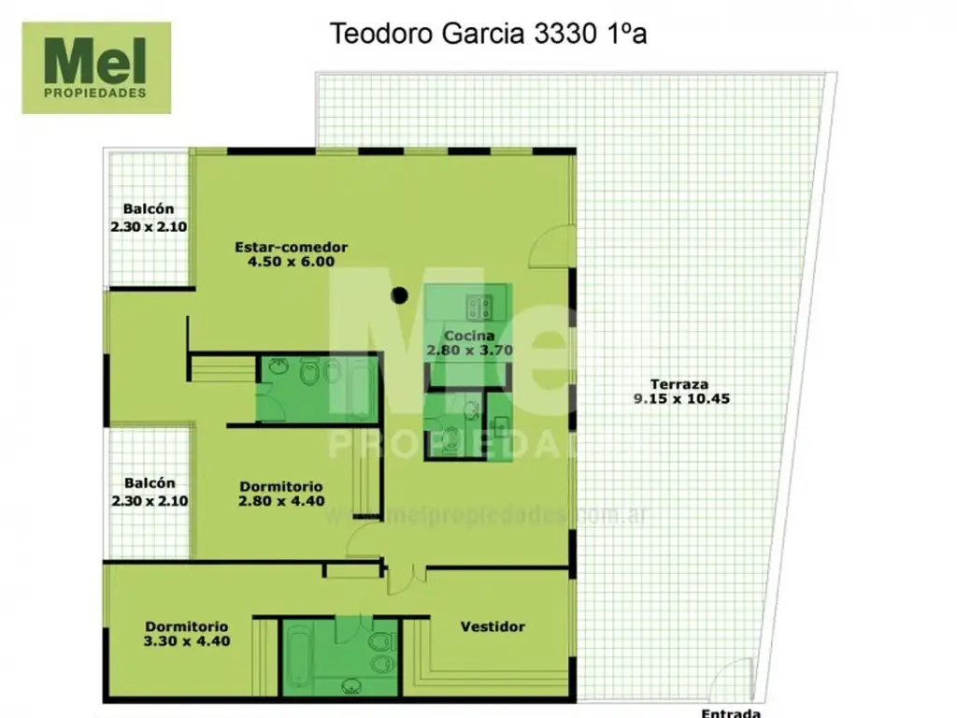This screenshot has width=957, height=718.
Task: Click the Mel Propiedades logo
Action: [96, 67]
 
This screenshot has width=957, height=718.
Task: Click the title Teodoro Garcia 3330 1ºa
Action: [489, 35]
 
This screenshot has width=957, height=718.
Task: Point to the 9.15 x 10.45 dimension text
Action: [679, 398]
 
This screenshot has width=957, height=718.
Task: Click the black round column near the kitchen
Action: [400, 295]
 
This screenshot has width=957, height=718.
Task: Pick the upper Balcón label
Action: [149, 209]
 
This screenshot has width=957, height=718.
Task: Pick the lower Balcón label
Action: [150, 484]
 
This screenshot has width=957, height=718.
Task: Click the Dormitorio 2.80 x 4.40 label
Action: [281, 486]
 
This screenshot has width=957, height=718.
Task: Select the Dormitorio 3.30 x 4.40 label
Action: [187, 626]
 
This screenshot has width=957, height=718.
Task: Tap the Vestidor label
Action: [493, 626]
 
